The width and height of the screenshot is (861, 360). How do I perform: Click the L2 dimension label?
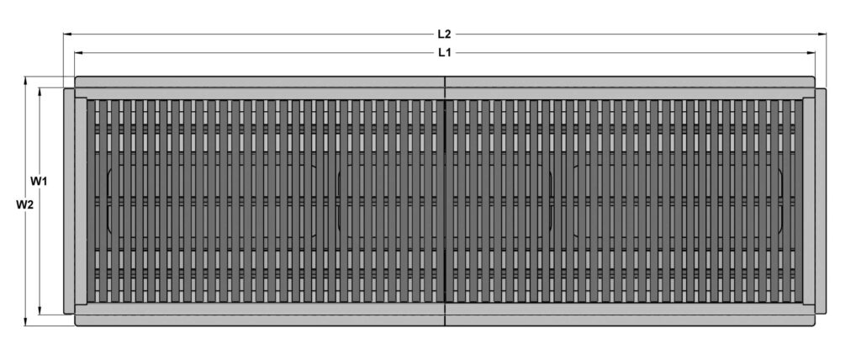click(x=444, y=34)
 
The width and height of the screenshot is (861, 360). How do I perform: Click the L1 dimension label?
click(x=444, y=53)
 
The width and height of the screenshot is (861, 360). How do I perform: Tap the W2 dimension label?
click(x=24, y=204)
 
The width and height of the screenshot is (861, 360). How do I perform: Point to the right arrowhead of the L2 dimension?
click(x=823, y=34)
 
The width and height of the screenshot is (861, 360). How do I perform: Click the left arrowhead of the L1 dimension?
click(x=78, y=53)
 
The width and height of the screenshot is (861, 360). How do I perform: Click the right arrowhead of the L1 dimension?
click(x=811, y=53)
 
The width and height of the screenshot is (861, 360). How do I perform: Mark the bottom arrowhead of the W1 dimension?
click(x=40, y=310)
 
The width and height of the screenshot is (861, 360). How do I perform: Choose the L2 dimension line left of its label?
click(x=252, y=34)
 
